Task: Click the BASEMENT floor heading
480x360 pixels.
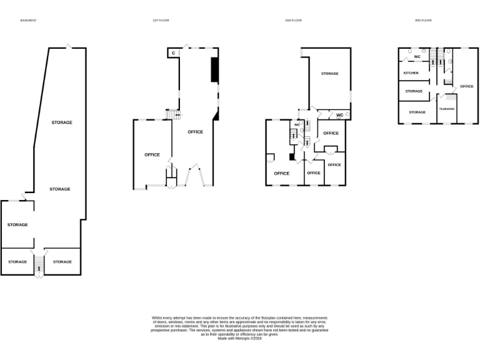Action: point(29,21)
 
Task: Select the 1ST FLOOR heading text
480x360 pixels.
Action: point(161,21)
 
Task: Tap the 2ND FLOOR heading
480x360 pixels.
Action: point(293,21)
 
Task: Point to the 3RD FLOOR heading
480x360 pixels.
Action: point(423,21)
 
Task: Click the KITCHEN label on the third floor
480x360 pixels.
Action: point(411,73)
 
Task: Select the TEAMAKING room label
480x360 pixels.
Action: point(446,109)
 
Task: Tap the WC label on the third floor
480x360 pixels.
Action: point(417,57)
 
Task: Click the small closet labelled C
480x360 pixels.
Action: point(173,53)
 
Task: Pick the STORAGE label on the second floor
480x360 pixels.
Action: point(329,74)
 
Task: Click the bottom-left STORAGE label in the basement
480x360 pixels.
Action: point(17,262)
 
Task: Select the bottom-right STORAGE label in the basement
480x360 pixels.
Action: point(62,262)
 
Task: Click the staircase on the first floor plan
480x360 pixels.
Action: point(173,114)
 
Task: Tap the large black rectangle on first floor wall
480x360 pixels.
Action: point(214,69)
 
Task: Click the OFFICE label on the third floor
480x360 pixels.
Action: point(466,86)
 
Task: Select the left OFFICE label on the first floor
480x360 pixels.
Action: point(152,154)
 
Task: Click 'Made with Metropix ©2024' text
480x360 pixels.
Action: point(240,338)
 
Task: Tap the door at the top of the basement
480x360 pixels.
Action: point(69,46)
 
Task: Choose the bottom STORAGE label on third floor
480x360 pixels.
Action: point(417,112)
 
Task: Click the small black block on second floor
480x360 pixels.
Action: point(291,157)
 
